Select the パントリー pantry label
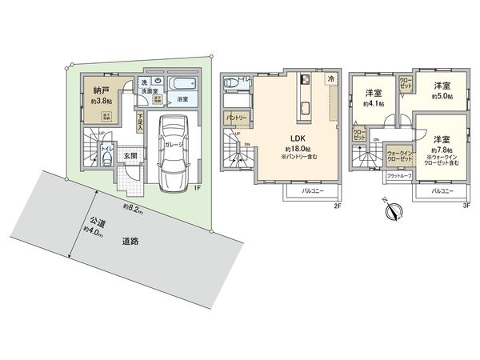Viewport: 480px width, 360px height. [x=237, y=118]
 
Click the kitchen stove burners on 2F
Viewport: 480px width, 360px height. [x=305, y=81]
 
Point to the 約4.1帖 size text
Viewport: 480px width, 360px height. [x=374, y=104]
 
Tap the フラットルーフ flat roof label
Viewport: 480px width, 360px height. [x=399, y=175]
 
